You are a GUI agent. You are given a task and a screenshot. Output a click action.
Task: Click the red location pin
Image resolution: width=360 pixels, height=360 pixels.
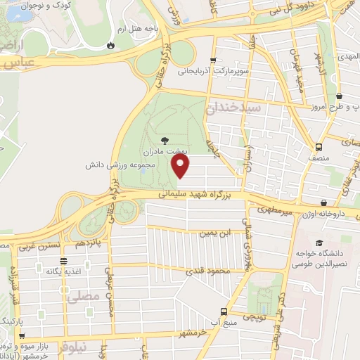(181, 166)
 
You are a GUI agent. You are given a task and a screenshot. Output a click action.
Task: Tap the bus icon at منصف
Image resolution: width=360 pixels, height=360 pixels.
(319, 147)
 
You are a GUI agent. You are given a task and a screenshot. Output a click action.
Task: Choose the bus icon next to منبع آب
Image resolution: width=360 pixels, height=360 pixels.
(224, 310)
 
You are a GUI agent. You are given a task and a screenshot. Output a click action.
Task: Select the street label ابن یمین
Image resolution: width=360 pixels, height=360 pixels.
(214, 232)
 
